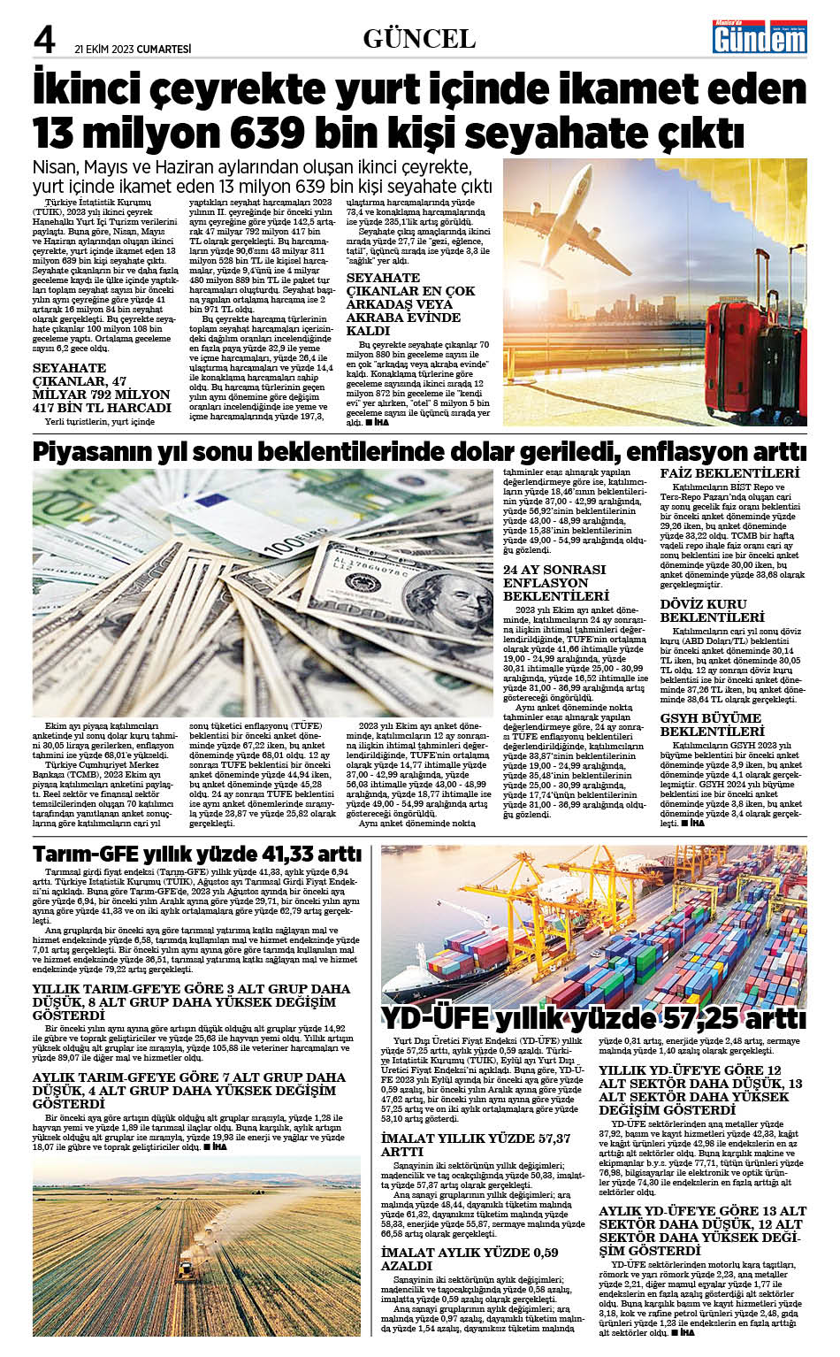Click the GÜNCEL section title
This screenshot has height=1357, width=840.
click(x=419, y=39)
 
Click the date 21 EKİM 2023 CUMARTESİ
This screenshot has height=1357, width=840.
click(x=133, y=50)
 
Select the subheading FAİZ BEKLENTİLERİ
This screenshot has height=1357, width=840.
click(x=729, y=473)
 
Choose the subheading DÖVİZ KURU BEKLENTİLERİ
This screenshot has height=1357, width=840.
click(x=712, y=610)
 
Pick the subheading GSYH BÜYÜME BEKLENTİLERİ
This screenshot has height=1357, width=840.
click(x=712, y=725)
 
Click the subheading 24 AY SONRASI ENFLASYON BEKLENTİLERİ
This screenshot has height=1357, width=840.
click(x=554, y=583)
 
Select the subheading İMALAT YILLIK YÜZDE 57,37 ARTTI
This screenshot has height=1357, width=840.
click(x=476, y=1145)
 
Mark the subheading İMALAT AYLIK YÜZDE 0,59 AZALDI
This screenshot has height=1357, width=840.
click(x=470, y=1259)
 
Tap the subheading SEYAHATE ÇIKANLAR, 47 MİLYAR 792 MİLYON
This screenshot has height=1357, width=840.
click(x=102, y=387)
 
